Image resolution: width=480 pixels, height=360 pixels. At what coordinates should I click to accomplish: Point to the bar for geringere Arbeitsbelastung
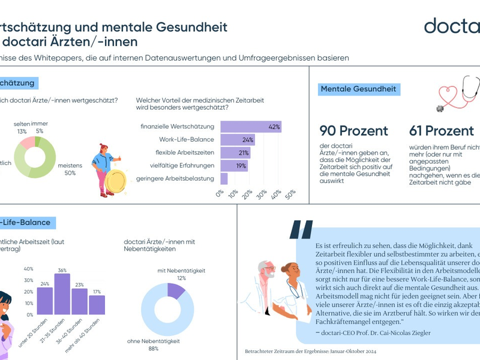[x=224, y=179]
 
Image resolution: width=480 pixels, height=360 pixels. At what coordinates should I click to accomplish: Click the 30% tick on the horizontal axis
[x=262, y=194]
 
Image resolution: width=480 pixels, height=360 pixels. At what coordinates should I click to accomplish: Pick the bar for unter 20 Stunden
[x=45, y=301]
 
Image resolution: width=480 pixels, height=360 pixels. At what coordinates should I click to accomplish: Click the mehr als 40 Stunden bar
[x=97, y=305]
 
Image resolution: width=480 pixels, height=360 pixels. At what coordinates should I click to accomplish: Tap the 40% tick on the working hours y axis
[x=29, y=269]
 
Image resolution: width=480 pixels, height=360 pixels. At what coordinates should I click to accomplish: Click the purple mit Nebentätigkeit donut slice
[x=176, y=290]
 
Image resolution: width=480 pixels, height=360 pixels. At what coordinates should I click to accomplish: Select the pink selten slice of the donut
[x=27, y=143]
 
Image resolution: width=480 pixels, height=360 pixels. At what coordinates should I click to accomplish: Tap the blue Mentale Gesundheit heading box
[x=358, y=89]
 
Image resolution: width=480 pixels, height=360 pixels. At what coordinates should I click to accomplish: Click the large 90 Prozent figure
[x=353, y=131]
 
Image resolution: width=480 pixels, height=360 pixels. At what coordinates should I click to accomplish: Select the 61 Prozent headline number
[x=442, y=131]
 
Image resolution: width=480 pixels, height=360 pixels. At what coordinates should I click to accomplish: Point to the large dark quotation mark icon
[x=301, y=230]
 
